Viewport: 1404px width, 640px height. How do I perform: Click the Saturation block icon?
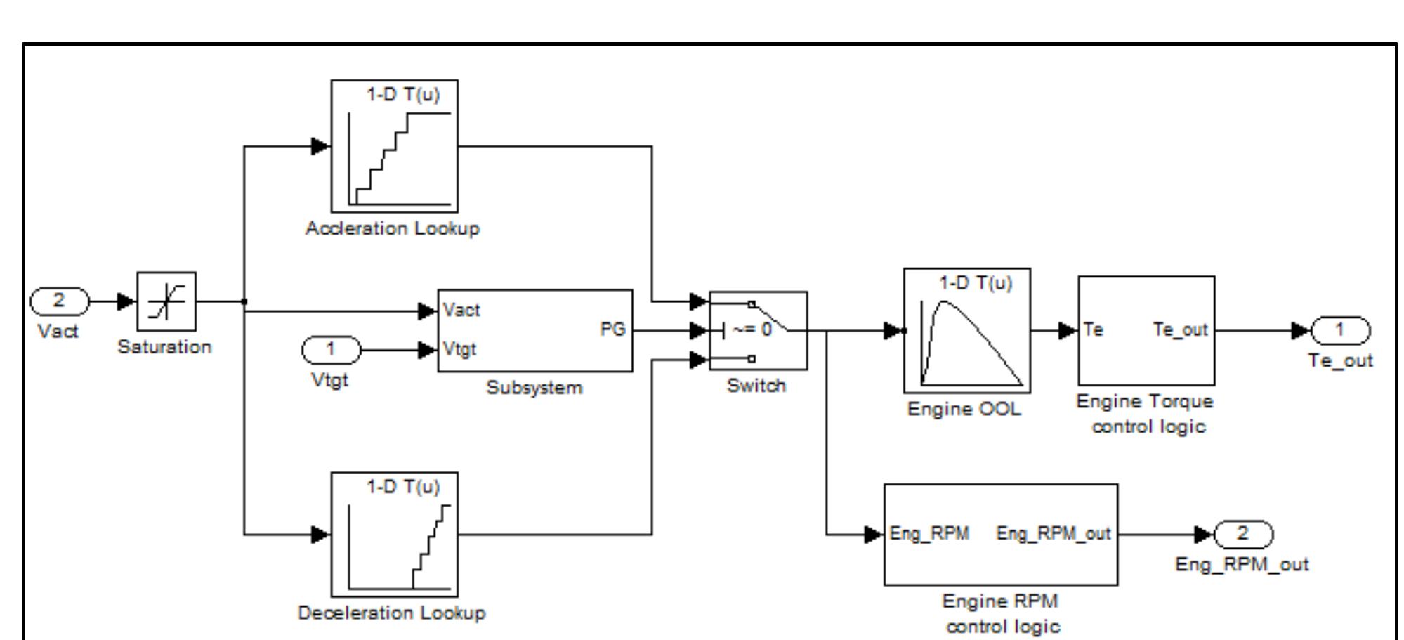166,301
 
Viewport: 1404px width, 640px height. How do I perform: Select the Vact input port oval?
60,301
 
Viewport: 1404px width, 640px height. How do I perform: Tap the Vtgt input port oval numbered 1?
331,349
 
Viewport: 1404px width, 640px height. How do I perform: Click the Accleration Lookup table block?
395,146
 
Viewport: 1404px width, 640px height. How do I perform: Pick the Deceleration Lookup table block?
395,535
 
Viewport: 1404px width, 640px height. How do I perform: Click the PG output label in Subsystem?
612,329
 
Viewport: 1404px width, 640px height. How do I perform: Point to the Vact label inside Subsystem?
461,311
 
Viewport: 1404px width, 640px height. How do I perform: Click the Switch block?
759,330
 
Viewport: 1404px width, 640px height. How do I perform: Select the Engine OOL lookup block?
967,330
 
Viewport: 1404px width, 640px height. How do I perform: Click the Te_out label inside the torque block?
1180,329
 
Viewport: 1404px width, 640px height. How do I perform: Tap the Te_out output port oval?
1340,329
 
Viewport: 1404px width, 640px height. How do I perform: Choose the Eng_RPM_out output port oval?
1242,534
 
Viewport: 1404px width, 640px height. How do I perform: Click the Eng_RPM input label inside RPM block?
929,534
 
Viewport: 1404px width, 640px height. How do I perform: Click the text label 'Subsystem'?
534,388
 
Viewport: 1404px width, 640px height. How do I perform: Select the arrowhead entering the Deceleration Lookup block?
320,535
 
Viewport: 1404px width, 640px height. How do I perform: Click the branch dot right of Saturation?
244,302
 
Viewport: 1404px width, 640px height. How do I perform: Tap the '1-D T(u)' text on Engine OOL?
976,283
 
